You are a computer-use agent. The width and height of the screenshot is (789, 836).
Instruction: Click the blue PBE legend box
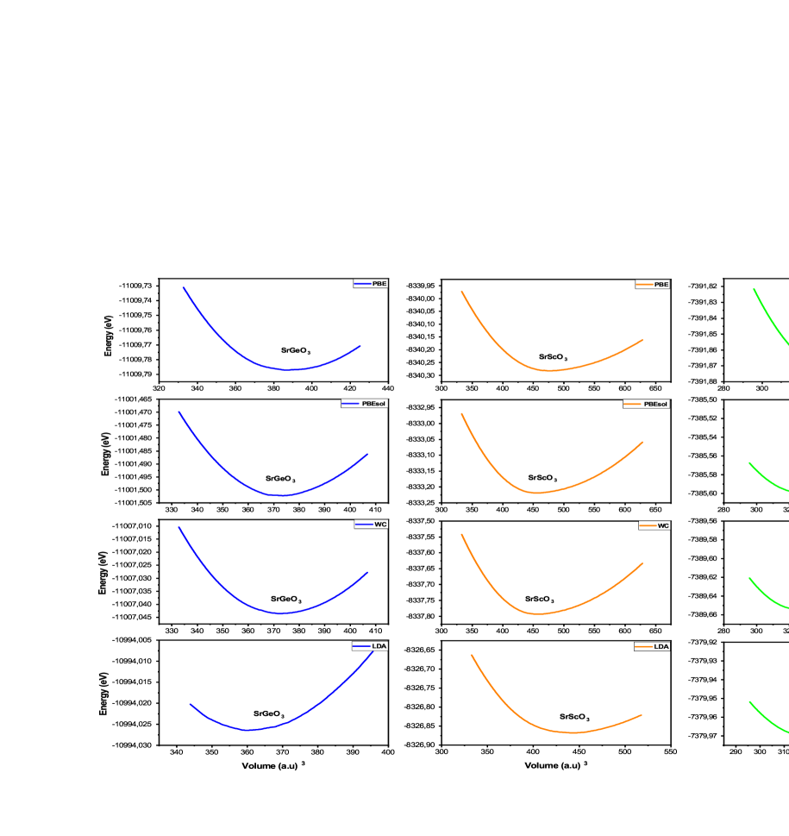371,284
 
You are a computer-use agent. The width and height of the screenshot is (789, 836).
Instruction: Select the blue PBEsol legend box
364,404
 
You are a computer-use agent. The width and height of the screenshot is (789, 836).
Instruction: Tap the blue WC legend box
371,525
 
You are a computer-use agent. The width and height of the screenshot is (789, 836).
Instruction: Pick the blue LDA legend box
370,646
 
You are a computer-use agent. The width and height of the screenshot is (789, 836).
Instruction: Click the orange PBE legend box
652,285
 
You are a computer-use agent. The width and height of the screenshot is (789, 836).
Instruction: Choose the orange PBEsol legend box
646,404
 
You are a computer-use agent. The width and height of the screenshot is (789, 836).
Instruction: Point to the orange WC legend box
654,525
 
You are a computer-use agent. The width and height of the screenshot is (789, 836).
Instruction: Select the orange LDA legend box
652,646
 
